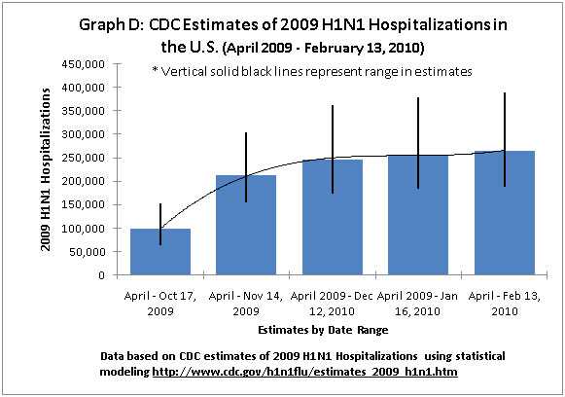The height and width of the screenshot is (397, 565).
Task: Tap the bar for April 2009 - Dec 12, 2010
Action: [x=332, y=218]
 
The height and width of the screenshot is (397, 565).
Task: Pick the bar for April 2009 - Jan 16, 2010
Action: [x=418, y=215]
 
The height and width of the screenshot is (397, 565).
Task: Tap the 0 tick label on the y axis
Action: [x=99, y=274]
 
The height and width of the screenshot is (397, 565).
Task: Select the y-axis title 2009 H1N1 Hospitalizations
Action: [x=46, y=169]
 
